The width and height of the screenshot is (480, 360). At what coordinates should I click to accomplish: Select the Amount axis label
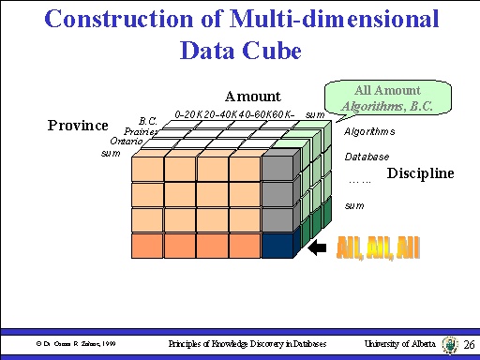tap(252, 96)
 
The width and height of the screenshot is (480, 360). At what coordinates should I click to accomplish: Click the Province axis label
tap(78, 126)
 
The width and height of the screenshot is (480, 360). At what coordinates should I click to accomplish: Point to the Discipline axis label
tap(420, 172)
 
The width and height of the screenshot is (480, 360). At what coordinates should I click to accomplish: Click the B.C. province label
tap(147, 121)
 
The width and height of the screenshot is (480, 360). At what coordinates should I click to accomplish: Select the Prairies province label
tap(141, 132)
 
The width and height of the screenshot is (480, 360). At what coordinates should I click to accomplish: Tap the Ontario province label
tap(126, 142)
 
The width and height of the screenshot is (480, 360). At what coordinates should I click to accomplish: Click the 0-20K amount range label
tap(191, 113)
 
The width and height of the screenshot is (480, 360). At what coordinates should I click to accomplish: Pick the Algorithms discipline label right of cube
tap(369, 132)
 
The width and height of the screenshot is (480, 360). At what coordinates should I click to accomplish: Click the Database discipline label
tap(367, 157)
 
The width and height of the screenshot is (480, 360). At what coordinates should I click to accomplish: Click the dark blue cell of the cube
tap(277, 246)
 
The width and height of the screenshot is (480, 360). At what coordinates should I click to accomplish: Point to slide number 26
tap(469, 345)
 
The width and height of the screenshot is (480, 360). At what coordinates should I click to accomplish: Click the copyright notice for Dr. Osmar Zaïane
tap(72, 345)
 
